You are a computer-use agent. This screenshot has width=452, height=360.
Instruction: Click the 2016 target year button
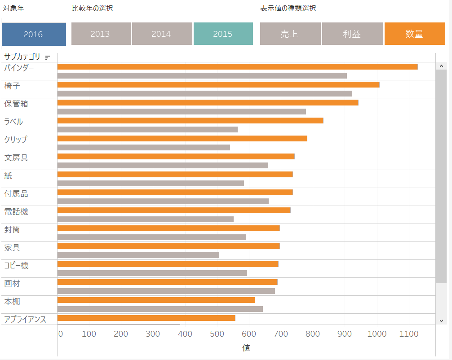[34, 34]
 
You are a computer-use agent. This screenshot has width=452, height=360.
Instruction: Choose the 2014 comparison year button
[162, 34]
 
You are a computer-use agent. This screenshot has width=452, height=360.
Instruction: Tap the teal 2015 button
[223, 34]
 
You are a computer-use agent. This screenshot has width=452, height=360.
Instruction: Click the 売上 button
[290, 34]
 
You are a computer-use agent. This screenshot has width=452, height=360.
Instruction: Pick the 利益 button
[352, 34]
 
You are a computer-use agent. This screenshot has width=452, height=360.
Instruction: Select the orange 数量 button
[414, 34]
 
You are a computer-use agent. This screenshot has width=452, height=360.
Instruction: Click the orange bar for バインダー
[237, 67]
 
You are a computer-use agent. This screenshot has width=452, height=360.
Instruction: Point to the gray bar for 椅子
[204, 93]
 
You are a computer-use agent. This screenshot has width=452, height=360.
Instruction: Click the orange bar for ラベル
[190, 120]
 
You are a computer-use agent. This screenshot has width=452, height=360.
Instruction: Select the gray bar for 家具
[138, 255]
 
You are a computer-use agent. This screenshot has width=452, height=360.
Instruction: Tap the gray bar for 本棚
[160, 309]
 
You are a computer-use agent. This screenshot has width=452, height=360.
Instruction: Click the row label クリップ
[16, 140]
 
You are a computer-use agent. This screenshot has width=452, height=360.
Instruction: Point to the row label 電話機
[16, 211]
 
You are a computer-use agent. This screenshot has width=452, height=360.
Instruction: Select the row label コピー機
[17, 265]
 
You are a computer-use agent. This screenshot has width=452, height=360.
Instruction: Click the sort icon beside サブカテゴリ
[47, 57]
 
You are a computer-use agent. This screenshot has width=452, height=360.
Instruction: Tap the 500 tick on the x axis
[217, 334]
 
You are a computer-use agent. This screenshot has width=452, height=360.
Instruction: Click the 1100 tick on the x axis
[408, 334]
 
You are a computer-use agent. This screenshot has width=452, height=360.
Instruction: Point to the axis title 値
[246, 348]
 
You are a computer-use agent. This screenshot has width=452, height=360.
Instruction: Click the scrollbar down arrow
[441, 320]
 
